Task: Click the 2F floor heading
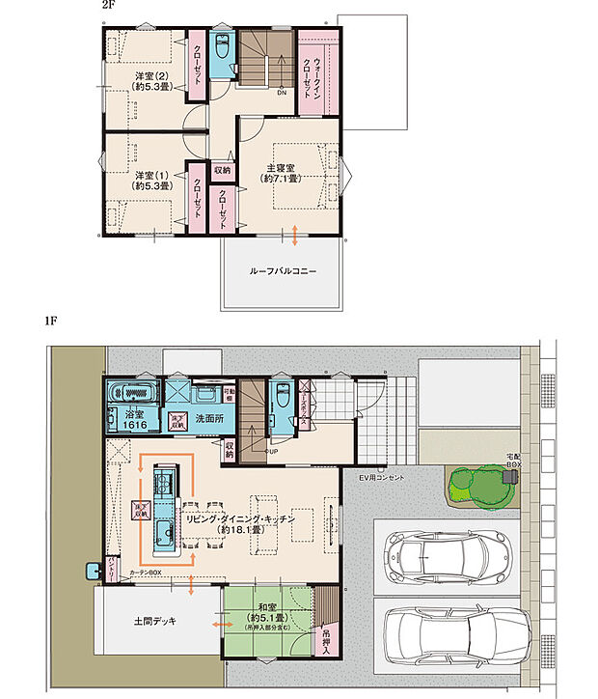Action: point(108,6)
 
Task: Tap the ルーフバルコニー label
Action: point(283,272)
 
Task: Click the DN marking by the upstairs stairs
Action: point(282,94)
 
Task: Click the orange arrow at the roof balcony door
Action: point(295,236)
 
